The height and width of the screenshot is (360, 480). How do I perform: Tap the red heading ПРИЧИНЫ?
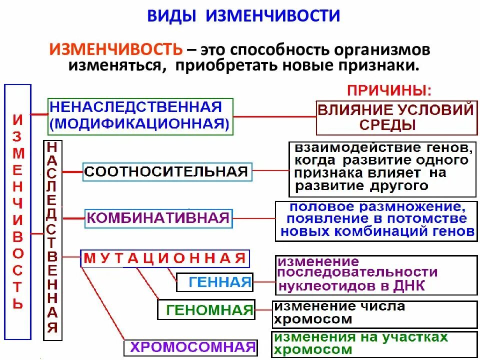tap(388, 90)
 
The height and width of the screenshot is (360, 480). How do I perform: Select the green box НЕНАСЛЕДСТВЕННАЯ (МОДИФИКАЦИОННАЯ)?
tap(140, 116)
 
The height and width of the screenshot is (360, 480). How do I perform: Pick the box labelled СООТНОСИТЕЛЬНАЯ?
tap(166, 172)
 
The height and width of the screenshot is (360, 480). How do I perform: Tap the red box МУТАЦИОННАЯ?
tap(164, 258)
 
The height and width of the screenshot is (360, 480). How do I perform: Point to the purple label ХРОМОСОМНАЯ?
tap(191, 347)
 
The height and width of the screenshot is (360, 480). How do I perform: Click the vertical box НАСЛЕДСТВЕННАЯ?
tap(52, 238)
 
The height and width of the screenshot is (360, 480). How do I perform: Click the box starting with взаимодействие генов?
tap(382, 169)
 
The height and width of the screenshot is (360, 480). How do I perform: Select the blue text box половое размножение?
tap(376, 220)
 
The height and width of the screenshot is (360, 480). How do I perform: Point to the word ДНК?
tap(408, 286)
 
